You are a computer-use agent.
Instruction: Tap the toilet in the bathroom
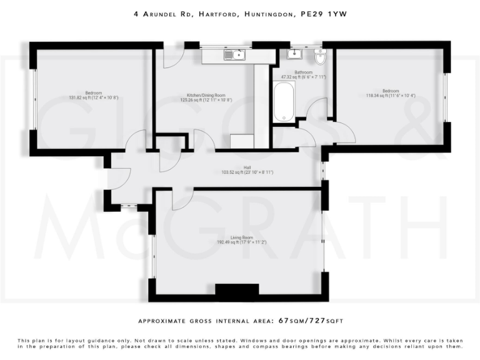(x=321, y=57)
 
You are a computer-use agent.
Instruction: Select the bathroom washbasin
(x=294, y=54)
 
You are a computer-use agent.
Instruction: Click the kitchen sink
(x=236, y=55)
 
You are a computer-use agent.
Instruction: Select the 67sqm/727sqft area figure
(x=310, y=321)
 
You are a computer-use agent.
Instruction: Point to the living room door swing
(x=178, y=200)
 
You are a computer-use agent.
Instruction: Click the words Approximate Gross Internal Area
(x=204, y=321)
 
